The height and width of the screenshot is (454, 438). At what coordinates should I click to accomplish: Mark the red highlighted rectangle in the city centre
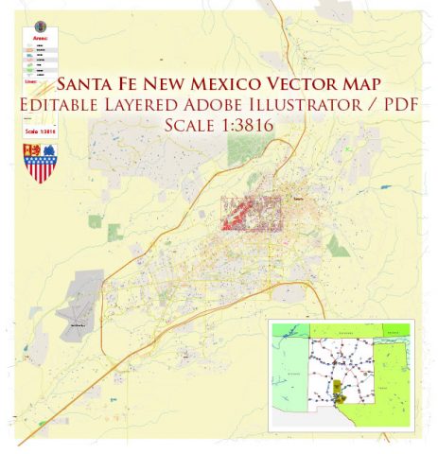click(x=252, y=213)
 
